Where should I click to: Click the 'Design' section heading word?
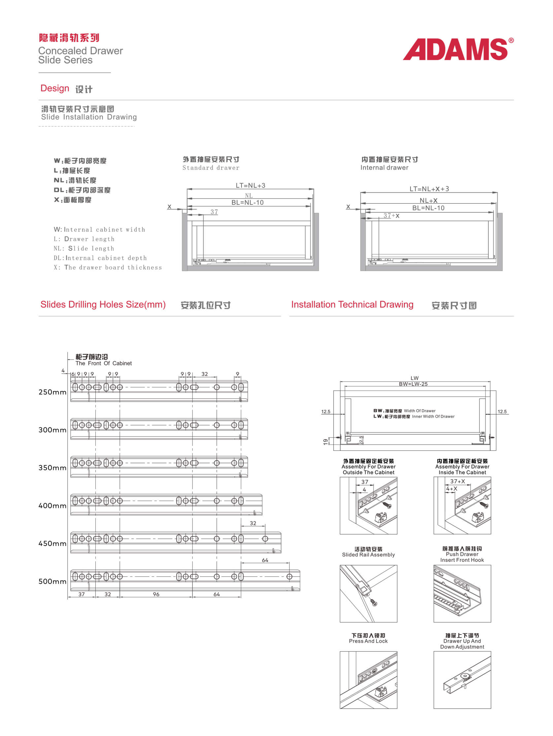tap(54, 88)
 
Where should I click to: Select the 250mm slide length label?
tap(52, 392)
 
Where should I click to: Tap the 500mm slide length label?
tap(52, 581)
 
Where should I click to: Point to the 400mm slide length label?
tap(52, 506)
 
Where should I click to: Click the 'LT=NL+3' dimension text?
tap(250, 185)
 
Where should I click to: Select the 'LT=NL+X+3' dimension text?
tap(429, 189)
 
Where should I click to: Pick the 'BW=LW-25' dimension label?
tap(413, 384)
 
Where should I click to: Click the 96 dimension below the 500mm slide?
tap(156, 594)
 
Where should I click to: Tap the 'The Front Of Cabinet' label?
tap(104, 363)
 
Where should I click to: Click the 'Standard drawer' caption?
tap(211, 168)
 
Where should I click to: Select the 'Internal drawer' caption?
tap(384, 168)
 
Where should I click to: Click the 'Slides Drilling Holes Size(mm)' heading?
tap(103, 304)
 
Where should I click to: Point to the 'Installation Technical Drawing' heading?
tap(352, 304)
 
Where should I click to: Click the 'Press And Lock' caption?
tap(368, 641)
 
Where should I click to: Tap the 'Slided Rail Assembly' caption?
tap(368, 555)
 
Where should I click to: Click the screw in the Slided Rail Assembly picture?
tap(374, 603)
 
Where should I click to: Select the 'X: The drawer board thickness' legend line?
tap(108, 267)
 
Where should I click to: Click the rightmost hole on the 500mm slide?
tap(289, 577)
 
